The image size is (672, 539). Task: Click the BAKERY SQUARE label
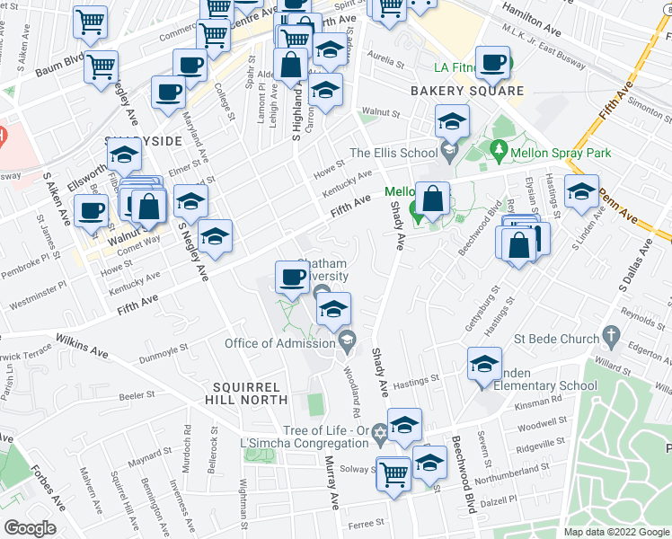pos(466,91)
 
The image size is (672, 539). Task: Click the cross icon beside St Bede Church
pos(611,339)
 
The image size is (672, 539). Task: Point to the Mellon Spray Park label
pos(561,154)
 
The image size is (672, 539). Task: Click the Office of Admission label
pos(279,342)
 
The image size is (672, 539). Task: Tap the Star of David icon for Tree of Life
pos(379,434)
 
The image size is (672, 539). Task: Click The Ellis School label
pos(393,153)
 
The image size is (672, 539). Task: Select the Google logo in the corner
pos(31,528)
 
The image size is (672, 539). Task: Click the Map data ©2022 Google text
pos(615,532)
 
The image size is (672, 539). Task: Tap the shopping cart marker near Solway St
pos(393,473)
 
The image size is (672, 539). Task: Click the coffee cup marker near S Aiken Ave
pos(89,212)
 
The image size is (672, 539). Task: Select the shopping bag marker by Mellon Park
pos(432,201)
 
